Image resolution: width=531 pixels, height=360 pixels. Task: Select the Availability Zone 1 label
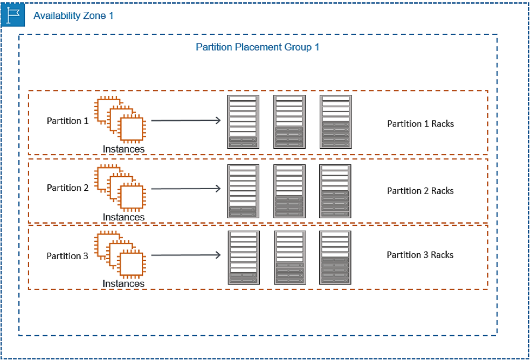pos(73,16)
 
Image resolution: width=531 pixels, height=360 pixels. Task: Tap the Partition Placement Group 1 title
pos(257,47)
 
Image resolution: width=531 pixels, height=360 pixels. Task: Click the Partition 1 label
pos(68,121)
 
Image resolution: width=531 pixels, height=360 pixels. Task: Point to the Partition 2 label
pos(68,188)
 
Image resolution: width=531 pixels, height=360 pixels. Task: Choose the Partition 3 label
pos(68,255)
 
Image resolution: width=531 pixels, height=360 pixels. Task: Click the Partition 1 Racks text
pos(420,123)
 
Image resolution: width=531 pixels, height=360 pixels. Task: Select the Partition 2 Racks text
pos(420,191)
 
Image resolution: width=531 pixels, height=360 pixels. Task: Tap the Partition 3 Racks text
pos(420,254)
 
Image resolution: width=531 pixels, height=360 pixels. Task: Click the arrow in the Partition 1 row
pos(186,120)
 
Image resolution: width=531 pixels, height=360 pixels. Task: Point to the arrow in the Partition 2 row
pos(186,188)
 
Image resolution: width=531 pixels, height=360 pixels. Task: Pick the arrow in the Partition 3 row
pos(186,255)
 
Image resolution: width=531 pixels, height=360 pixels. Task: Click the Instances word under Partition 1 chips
pos(123,149)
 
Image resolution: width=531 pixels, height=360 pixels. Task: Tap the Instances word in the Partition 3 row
pos(123,283)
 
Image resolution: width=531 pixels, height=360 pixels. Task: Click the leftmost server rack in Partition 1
pos(243,122)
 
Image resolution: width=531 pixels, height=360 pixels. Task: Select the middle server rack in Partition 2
pos(289,191)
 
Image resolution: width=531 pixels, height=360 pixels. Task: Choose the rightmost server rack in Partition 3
pos(335,258)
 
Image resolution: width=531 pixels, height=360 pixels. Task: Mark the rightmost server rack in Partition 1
pos(335,122)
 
